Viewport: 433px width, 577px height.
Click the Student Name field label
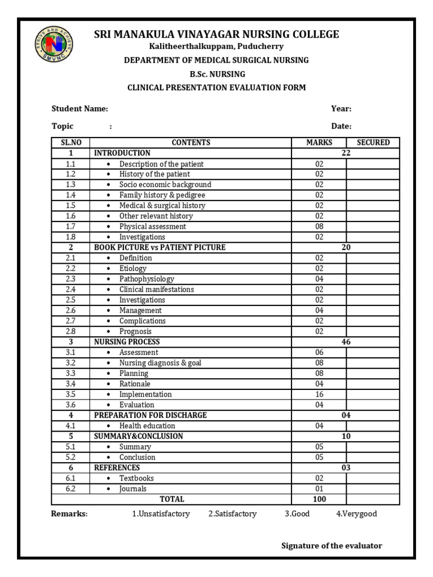(x=79, y=109)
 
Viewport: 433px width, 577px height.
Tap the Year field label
(x=341, y=109)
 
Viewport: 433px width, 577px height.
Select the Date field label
(x=341, y=126)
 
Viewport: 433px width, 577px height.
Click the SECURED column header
(x=373, y=143)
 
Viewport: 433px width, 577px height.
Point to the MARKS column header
(x=319, y=143)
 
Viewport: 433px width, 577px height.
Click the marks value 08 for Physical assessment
(x=319, y=227)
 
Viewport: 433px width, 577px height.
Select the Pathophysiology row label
(x=147, y=279)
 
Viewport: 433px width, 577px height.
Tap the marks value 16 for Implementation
(x=319, y=394)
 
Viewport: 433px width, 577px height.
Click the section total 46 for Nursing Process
(x=346, y=342)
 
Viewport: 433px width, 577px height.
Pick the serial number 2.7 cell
(x=70, y=321)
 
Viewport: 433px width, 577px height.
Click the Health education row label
(x=147, y=426)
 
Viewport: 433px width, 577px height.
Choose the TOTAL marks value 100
(x=319, y=499)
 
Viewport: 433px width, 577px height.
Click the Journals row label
(x=132, y=489)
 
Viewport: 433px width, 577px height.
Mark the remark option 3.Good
(x=297, y=514)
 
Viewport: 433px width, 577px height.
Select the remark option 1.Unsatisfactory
(x=161, y=514)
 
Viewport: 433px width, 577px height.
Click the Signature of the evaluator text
(x=332, y=545)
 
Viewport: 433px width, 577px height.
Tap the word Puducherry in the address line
(x=260, y=46)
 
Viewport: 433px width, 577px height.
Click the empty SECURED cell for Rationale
(x=373, y=384)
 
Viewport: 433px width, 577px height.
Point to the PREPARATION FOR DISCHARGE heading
(x=151, y=415)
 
